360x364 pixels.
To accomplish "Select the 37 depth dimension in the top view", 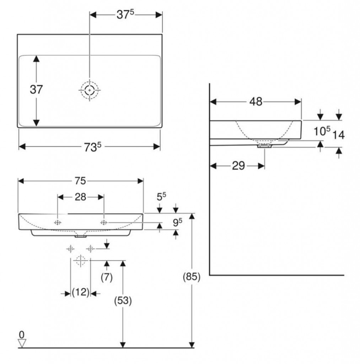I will coord(36,90).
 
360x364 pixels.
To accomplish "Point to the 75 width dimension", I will coord(80,181).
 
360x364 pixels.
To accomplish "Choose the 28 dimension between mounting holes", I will coord(80,197).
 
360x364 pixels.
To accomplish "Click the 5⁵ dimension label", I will coord(162,196).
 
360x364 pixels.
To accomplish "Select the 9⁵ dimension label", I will coord(178,223).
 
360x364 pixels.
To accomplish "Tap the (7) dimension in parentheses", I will coord(106,277).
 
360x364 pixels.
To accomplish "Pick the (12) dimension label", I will coord(80,293).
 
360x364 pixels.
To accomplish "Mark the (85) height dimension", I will coord(192,277).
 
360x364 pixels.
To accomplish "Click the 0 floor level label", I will coord(22,334).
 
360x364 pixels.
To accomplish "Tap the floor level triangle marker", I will coord(22,343).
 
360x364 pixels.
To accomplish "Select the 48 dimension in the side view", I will coord(256,102).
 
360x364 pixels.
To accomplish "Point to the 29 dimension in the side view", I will coord(238,165).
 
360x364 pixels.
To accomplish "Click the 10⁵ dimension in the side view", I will coord(321,132).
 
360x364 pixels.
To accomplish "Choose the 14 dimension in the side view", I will coord(338,135).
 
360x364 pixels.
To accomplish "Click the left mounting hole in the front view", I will coord(58,223).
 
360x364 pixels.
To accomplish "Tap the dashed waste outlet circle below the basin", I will coord(81,261).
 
